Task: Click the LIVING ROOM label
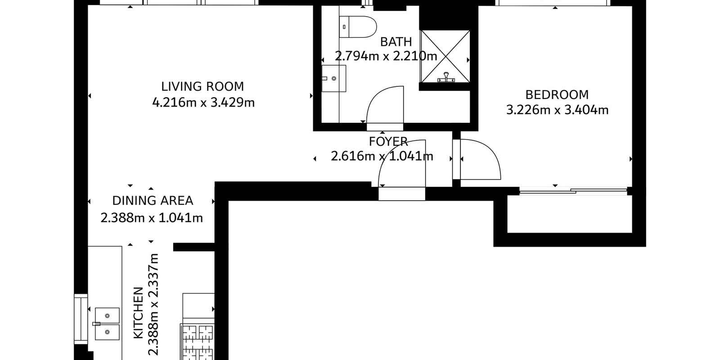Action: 202,86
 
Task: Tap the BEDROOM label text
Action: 557,95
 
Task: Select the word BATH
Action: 396,42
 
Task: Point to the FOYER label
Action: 388,141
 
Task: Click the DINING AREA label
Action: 153,201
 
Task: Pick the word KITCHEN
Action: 138,313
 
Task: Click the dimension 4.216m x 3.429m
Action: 203,103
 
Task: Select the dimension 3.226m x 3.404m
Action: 558,110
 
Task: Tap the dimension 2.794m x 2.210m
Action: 386,56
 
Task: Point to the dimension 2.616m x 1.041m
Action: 382,157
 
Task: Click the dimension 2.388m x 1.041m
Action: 152,218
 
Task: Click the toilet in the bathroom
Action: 358,27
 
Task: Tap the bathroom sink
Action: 333,78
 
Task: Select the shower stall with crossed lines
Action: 445,56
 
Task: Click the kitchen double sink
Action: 107,324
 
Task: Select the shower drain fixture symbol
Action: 446,77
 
